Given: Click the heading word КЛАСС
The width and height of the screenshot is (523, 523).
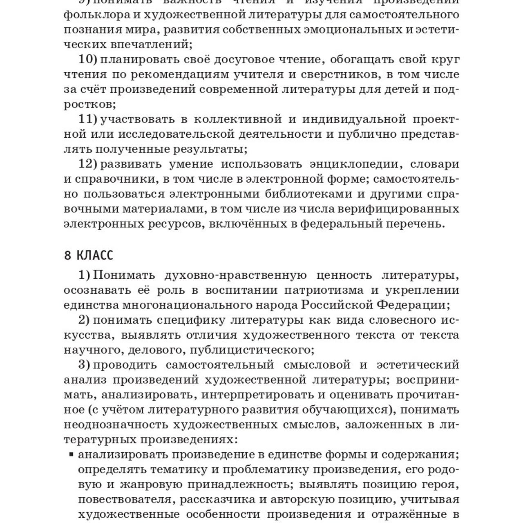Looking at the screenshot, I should pos(95,256).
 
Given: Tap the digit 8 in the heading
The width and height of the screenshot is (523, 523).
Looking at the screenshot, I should pos(68,256).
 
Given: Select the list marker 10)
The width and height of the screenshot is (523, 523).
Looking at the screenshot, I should pos(88,60).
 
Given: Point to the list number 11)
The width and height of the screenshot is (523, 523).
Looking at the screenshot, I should pos(88,119).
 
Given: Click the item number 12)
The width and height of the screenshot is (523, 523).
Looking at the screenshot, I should pos(88,164).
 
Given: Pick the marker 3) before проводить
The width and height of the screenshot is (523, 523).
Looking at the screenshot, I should pos(84,364).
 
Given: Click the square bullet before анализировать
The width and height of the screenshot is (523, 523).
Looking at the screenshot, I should pos(72,454).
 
